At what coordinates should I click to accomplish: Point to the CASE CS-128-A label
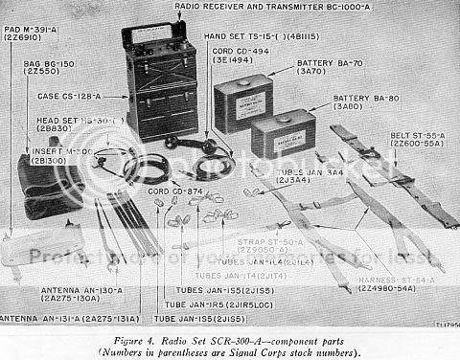(67, 97)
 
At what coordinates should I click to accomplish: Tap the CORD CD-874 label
(172, 191)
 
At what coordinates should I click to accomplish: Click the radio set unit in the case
(161, 81)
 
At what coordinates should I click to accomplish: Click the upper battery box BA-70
(243, 102)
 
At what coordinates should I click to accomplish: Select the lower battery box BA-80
(284, 134)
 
